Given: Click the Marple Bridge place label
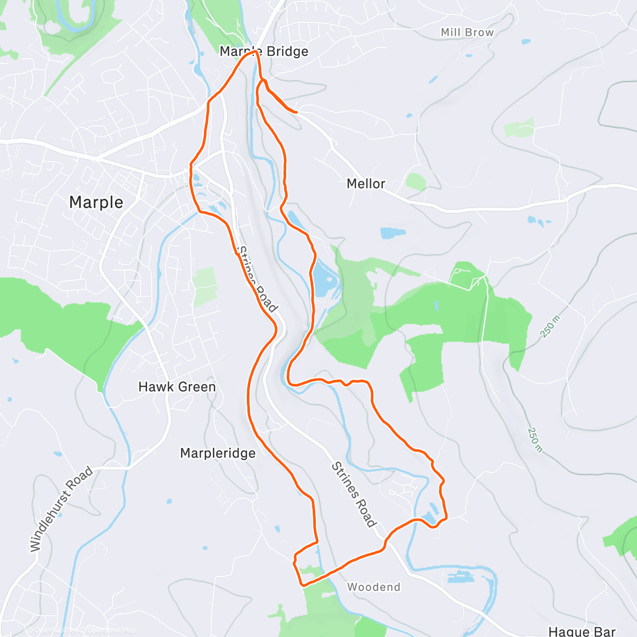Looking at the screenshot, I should (x=264, y=51).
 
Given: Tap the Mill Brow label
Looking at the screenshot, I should (x=467, y=32).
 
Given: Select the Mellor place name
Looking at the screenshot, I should (x=366, y=184).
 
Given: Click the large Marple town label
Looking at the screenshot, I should (x=96, y=202).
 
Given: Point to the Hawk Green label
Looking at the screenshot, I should (x=177, y=387).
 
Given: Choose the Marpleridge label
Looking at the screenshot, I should (x=218, y=453).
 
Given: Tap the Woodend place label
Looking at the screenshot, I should (x=374, y=587).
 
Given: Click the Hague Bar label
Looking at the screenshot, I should (x=582, y=631).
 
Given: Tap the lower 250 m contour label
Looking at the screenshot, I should (x=535, y=440).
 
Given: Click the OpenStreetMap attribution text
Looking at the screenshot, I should (x=111, y=630).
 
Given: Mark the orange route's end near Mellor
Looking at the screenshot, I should (x=296, y=112).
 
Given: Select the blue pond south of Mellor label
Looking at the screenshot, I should (x=393, y=233).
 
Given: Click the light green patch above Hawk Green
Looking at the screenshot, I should (x=205, y=287).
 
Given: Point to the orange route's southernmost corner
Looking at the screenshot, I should (x=303, y=584).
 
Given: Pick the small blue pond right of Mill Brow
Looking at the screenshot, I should (x=526, y=41).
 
